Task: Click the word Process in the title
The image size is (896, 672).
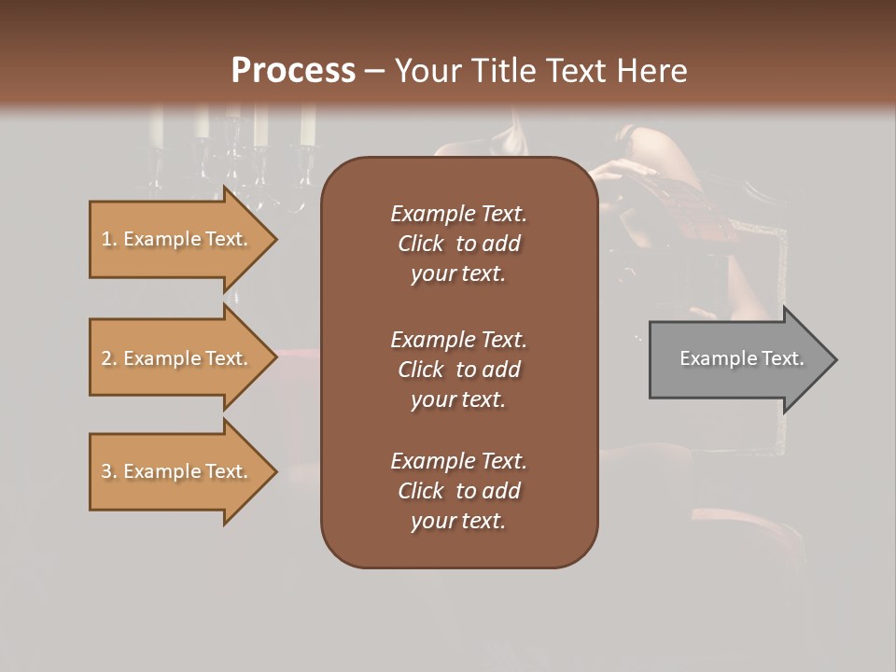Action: [x=293, y=70]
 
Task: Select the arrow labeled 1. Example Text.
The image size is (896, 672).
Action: [x=175, y=240]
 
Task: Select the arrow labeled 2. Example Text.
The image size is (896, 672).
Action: [x=175, y=358]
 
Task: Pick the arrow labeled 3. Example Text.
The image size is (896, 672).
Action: [x=175, y=471]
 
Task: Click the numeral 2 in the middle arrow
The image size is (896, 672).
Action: [x=105, y=358]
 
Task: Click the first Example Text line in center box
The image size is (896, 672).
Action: [x=458, y=214]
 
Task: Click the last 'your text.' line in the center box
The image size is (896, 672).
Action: [x=458, y=521]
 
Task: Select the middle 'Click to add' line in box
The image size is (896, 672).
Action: [x=458, y=370]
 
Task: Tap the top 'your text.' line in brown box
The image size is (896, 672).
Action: [x=458, y=274]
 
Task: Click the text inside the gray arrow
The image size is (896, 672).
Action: [x=741, y=358]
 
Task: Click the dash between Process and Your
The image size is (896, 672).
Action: [x=374, y=70]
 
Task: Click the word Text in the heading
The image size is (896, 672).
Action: [x=578, y=70]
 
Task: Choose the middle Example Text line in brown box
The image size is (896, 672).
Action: [x=458, y=340]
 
